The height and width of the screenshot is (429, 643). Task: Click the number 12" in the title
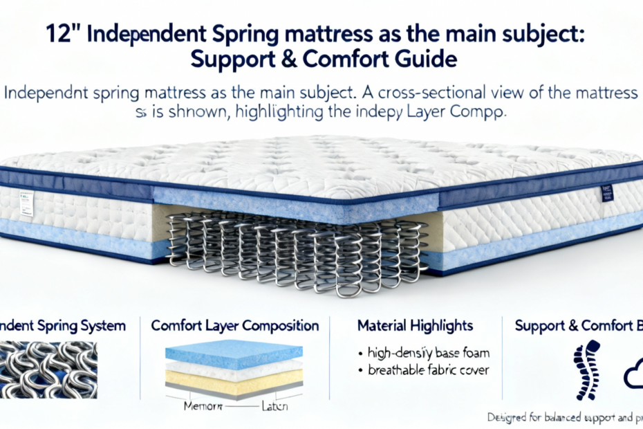65,33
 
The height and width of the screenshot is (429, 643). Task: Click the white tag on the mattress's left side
27,201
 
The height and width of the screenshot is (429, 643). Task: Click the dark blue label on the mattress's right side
607,192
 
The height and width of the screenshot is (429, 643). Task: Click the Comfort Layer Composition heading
234,325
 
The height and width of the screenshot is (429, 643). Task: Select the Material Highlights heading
415,325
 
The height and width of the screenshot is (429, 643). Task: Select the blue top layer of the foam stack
234,353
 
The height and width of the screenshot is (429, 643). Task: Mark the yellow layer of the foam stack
234,378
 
